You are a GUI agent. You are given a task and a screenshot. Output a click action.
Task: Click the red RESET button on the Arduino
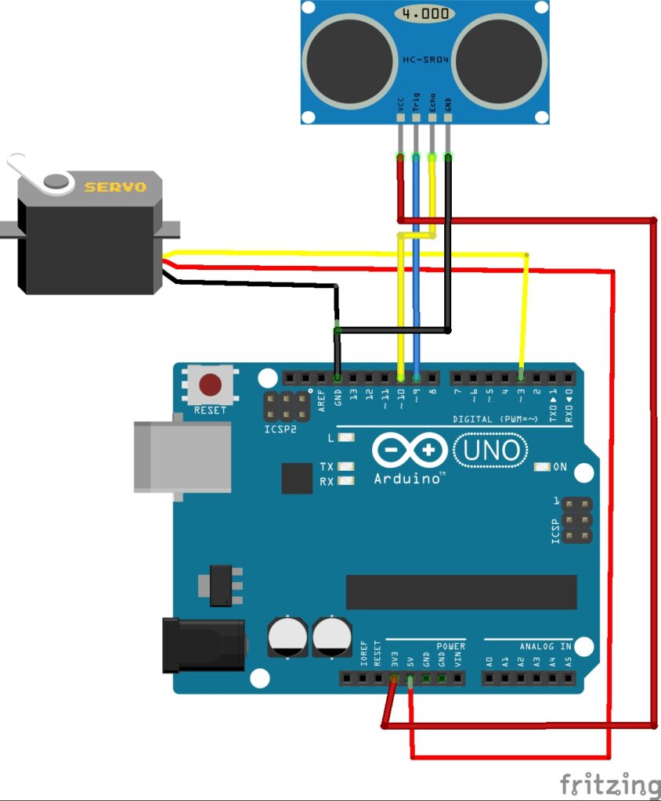pyautogui.click(x=210, y=385)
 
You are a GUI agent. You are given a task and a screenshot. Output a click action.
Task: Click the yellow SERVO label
pyautogui.click(x=115, y=187)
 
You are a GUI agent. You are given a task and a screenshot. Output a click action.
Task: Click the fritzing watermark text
pyautogui.click(x=609, y=783)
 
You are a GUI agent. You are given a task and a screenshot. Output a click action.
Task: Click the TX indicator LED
pyautogui.click(x=345, y=467)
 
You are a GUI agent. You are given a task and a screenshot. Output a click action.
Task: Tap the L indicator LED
pyautogui.click(x=345, y=439)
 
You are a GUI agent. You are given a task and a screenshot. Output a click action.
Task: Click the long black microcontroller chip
pyautogui.click(x=461, y=592)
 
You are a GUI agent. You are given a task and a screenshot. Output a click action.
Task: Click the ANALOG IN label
pyautogui.click(x=545, y=647)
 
